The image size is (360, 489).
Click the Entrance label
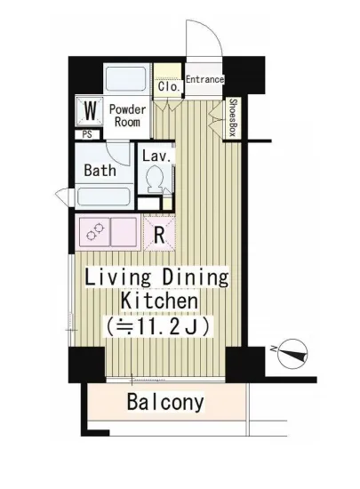click(204, 79)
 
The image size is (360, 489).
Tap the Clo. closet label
click(169, 86)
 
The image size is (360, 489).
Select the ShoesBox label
click(233, 117)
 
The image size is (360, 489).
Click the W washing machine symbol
click(90, 111)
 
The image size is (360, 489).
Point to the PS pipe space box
click(87, 134)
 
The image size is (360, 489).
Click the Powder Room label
click(127, 116)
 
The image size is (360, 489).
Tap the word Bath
click(100, 171)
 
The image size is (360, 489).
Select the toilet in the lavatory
click(154, 180)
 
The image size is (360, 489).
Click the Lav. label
click(156, 156)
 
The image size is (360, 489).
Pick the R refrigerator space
click(159, 232)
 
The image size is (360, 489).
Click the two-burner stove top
click(94, 232)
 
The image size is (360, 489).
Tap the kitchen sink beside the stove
click(124, 232)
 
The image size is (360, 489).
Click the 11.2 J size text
click(157, 326)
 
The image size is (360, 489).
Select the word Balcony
click(165, 402)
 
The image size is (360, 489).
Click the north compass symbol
click(292, 354)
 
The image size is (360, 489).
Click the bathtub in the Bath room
click(104, 196)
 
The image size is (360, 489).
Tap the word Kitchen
click(159, 301)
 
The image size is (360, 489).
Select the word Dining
click(196, 277)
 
